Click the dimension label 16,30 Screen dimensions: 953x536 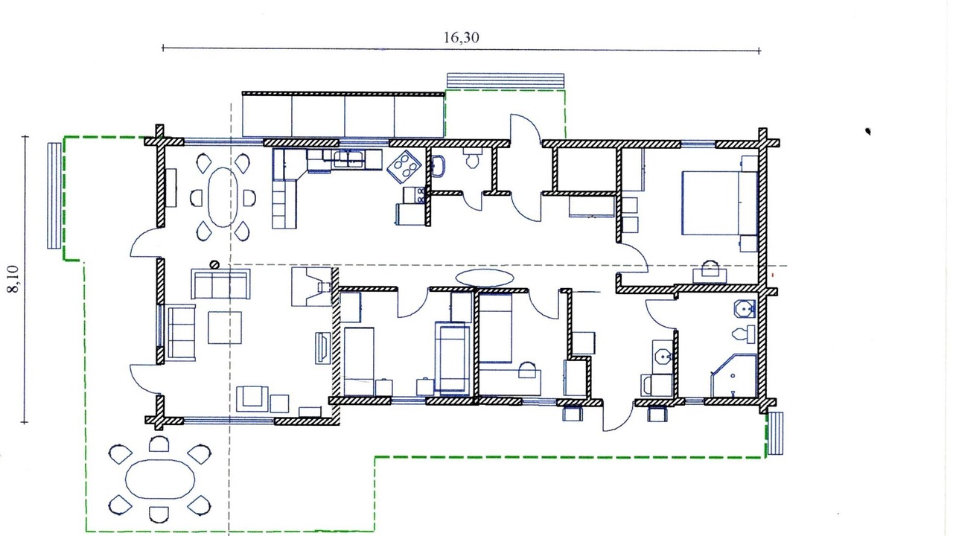pos(461,37)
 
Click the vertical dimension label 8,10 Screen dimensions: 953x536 pos(13,279)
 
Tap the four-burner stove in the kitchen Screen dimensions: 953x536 pos(404,166)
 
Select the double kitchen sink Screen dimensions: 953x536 pos(348,159)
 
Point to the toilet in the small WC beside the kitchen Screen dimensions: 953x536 pos(472,158)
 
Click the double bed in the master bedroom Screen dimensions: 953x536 pos(719,203)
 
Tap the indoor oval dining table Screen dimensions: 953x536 pos(222,197)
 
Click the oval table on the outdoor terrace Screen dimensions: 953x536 pos(160,479)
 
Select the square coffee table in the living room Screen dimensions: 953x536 pos(225,328)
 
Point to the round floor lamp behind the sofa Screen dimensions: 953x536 pos(215,265)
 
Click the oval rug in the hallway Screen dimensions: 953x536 pos(484,278)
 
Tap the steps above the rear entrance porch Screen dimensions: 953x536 pos(506,81)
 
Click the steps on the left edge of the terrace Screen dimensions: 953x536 pos(54,195)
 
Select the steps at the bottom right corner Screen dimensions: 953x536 pos(776,433)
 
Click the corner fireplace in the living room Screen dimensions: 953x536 pos(312,287)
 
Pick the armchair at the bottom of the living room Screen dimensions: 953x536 pos(252,398)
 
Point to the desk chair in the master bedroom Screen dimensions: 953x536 pos(710,269)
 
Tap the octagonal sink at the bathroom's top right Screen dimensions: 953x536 pos(745,309)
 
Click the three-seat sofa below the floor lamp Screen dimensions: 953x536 pos(220,284)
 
